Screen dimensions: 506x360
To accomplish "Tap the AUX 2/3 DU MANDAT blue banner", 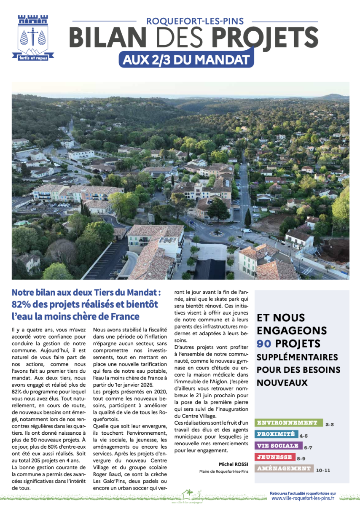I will (186, 60).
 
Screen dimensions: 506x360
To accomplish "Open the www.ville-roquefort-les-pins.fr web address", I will (303, 498).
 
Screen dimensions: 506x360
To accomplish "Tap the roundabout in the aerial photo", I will (218, 232).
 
